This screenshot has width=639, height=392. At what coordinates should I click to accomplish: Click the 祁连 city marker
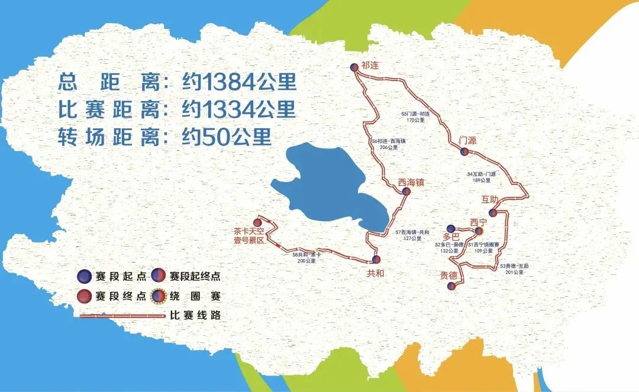354,67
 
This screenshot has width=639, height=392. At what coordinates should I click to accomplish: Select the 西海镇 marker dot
406,192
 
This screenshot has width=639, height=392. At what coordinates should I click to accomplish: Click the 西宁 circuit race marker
478,232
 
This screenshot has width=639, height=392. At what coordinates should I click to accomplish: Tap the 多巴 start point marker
451,228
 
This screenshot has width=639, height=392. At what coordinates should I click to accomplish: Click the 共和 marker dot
376,260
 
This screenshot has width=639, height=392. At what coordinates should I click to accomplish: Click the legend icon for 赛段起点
85,276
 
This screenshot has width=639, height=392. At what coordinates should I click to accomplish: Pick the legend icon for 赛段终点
85,296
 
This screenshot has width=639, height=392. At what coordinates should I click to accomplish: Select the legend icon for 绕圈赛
159,296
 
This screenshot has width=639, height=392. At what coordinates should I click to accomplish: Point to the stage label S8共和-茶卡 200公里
306,257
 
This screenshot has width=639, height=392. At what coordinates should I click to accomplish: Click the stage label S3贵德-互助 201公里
513,269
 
